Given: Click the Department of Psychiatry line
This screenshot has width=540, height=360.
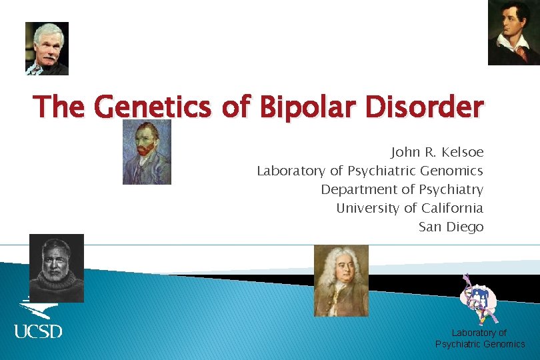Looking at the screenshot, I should [402, 189].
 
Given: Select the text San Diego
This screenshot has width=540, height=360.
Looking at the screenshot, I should [451, 227].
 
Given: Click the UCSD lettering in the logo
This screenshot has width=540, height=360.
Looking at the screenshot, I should [38, 330].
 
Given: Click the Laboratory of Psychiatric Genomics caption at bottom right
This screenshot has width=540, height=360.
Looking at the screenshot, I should [480, 338].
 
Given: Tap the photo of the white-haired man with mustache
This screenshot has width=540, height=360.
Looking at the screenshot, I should [47, 48].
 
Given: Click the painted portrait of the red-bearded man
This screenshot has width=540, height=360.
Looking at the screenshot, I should [147, 152].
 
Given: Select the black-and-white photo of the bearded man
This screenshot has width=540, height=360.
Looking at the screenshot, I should [57, 268].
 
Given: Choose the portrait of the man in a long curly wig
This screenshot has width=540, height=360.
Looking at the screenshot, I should [341, 281].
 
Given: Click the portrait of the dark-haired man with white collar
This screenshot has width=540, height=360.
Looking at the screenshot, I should [513, 32].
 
